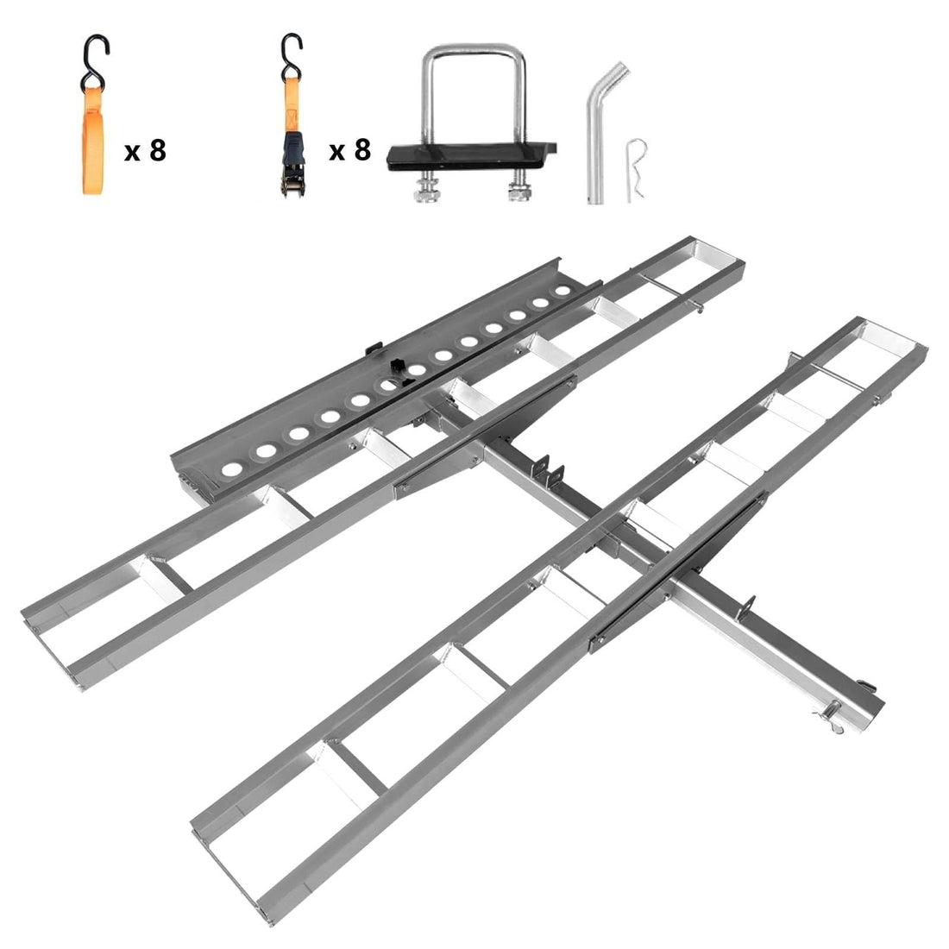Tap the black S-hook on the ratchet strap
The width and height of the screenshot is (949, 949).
[x=291, y=56]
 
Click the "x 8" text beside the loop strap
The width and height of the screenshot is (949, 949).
[x=145, y=150]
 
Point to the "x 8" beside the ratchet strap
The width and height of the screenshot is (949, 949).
[x=349, y=149]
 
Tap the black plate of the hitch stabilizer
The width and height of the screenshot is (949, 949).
[x=471, y=157]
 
